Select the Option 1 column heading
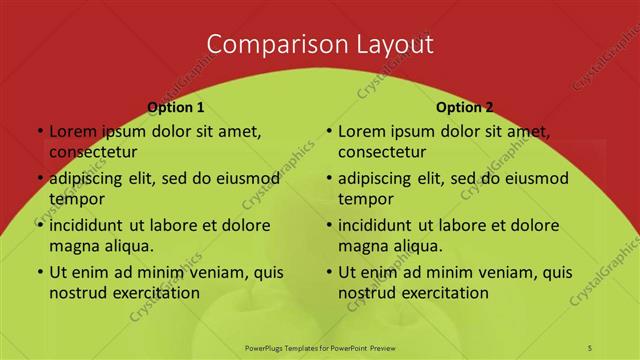point(175,107)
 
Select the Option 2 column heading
point(464,107)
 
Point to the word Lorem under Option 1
point(71,131)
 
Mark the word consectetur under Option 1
point(92,152)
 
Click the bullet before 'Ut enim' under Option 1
point(38,272)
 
